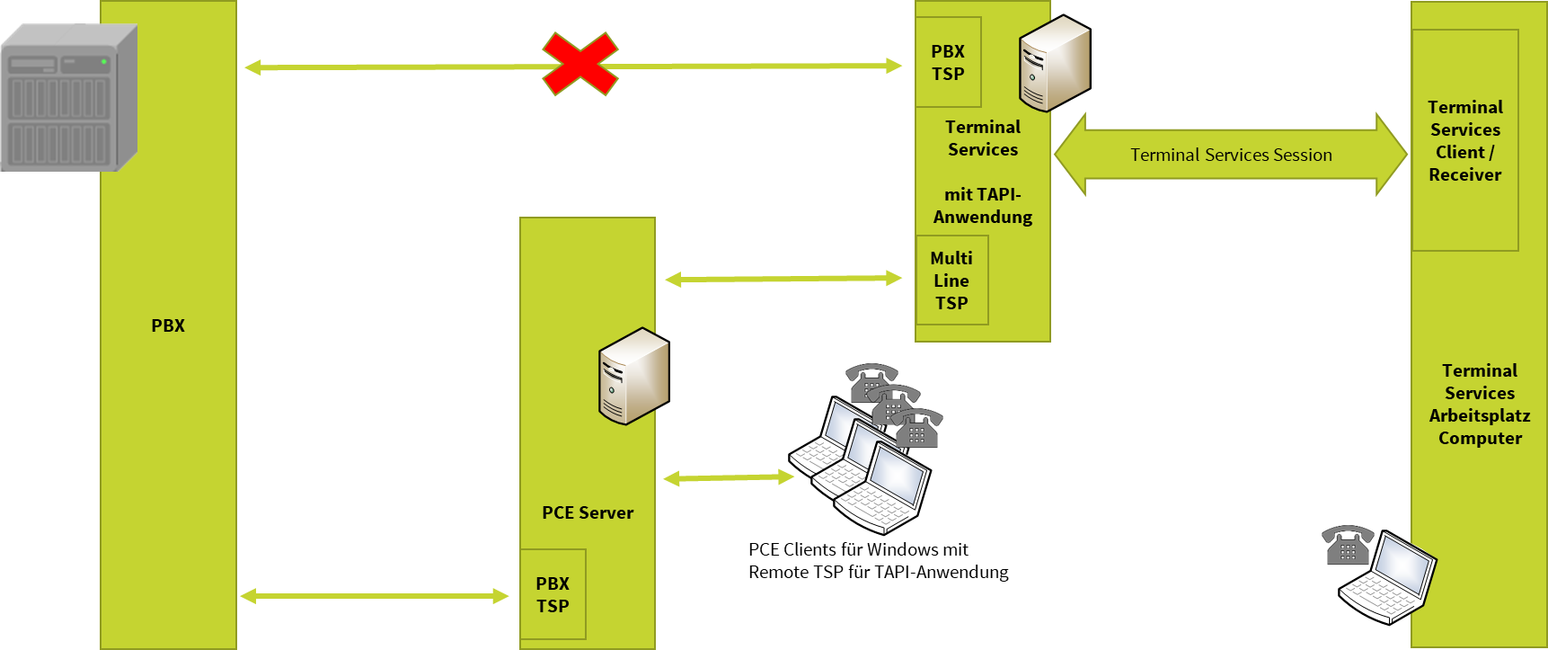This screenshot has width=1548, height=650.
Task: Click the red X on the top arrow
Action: (x=580, y=65)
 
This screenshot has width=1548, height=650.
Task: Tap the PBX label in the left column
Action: (x=168, y=326)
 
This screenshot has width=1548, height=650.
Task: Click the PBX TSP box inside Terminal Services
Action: (x=948, y=63)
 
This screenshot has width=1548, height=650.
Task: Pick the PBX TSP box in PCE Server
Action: (x=553, y=595)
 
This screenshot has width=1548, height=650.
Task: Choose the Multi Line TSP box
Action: (x=951, y=280)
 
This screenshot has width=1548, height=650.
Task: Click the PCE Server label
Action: (x=588, y=513)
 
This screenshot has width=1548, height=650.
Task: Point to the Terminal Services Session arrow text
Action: (x=1231, y=155)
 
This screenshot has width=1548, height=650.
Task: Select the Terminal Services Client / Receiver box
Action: (x=1465, y=141)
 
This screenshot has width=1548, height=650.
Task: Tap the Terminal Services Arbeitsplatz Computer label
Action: (x=1480, y=405)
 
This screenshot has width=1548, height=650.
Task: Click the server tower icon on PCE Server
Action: (x=633, y=376)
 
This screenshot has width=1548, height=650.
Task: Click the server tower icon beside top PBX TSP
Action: (x=1054, y=63)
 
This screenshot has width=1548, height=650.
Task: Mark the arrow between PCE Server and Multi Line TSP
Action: (x=783, y=280)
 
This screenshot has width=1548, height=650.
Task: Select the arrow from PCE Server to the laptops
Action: (x=729, y=478)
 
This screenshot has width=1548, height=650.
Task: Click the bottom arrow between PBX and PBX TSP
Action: (x=374, y=596)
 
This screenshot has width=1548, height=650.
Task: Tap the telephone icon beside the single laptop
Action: (x=1347, y=546)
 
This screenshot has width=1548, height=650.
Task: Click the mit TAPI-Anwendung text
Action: (x=983, y=206)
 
